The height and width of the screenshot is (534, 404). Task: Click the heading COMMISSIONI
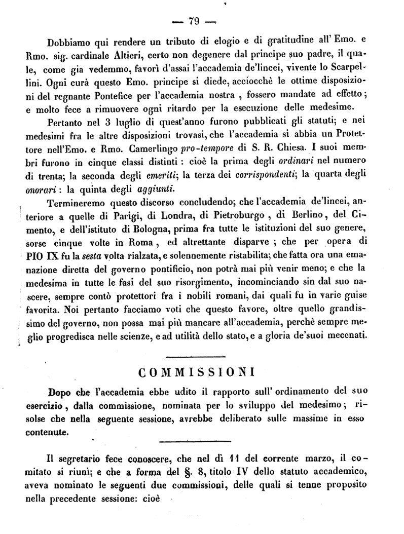tap(196, 373)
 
